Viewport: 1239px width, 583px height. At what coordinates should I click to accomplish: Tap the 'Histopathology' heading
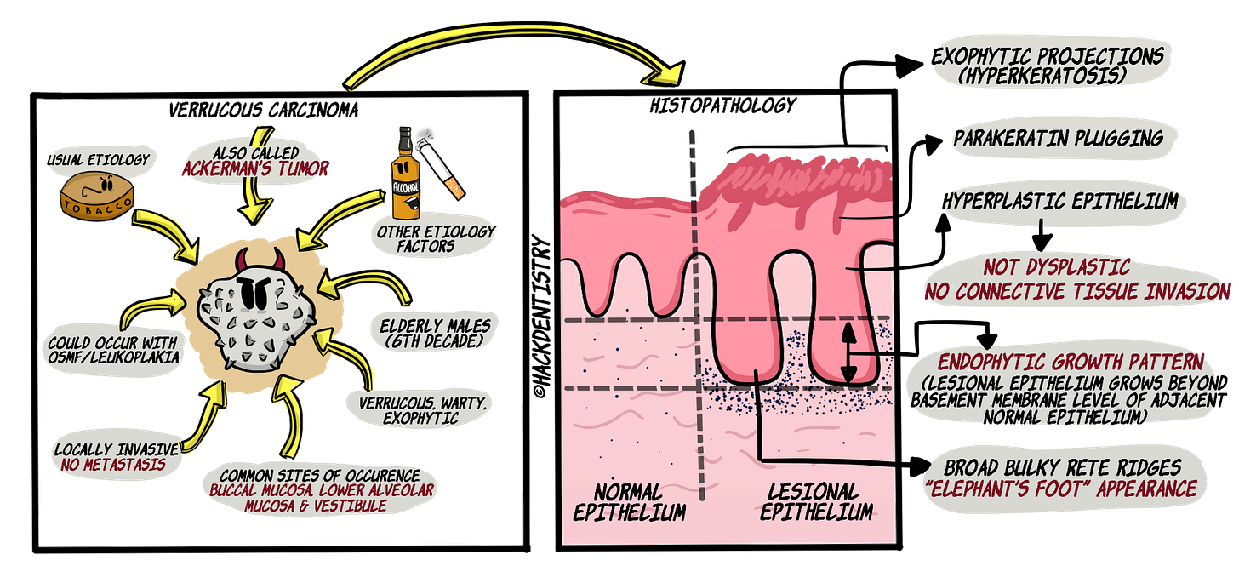tap(722, 106)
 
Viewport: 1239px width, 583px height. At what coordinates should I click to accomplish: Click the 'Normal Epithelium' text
tap(630, 502)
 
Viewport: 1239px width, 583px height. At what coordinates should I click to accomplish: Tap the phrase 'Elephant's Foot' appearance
tap(1065, 490)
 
